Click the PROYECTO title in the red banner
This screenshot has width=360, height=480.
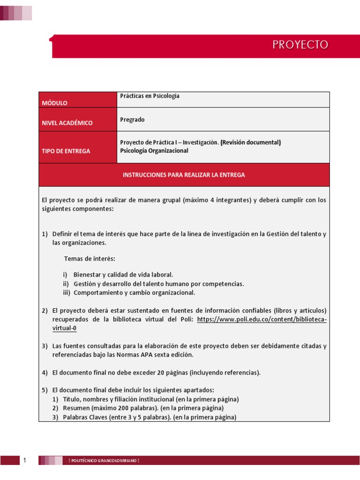[300, 45]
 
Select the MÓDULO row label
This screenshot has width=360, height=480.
[55, 103]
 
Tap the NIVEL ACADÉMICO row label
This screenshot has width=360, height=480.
[67, 123]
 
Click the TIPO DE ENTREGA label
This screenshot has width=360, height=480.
[66, 151]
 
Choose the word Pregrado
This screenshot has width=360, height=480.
[133, 120]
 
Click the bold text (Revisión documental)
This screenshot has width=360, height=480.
[251, 142]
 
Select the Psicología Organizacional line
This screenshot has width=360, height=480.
[154, 151]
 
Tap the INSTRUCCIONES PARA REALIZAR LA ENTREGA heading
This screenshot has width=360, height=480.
[184, 175]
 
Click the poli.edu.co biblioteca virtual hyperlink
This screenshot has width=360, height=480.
[262, 320]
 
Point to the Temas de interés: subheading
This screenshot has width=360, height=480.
[90, 259]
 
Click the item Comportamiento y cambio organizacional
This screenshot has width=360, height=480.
[134, 292]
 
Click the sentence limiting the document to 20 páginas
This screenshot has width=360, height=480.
[156, 373]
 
